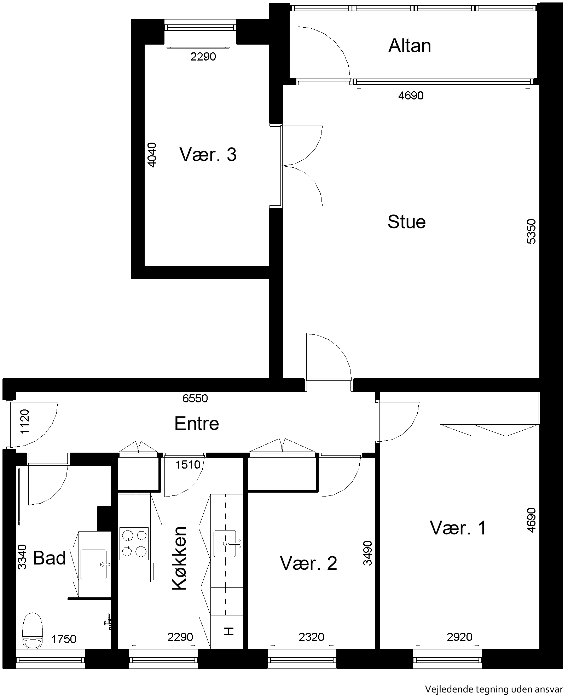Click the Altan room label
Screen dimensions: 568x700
[410, 46]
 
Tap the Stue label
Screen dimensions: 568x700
[406, 222]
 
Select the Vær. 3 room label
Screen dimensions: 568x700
[208, 155]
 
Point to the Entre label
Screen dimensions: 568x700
[197, 423]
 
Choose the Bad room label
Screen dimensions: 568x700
[50, 558]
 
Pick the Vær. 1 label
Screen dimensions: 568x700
[458, 528]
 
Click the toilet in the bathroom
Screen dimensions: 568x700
[32, 632]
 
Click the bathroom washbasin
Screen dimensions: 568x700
[94, 564]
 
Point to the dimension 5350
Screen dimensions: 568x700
[531, 232]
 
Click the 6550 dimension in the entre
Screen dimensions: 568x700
[195, 398]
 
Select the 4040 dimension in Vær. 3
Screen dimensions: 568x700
[151, 155]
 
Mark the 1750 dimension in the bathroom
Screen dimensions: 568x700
[64, 639]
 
